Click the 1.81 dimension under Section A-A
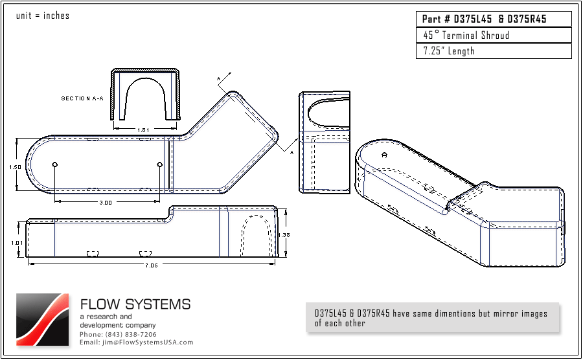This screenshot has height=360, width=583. coord(144,130)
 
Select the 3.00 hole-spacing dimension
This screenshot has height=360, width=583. coord(106,203)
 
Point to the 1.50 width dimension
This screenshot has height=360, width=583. coord(15,167)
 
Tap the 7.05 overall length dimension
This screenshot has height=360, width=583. coord(152,265)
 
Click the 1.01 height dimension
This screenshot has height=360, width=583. coord(17,242)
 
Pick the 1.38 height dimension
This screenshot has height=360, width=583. coord(284,234)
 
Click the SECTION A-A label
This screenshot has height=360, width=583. coord(82,98)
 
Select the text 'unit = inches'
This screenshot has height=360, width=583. coord(42,16)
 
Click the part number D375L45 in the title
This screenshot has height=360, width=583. coord(472,19)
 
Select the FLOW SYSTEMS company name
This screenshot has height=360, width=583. coord(135,304)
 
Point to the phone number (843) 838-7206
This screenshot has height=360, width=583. coord(118,334)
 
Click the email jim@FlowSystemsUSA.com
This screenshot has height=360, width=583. coord(137,342)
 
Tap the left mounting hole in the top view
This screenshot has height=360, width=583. coord(55,164)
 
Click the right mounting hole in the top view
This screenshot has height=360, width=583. coord(160,164)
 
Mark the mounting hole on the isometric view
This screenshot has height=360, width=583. coord(385,155)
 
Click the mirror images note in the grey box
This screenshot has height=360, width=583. coord(431,318)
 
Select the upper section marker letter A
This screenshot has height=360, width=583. coord(219,79)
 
